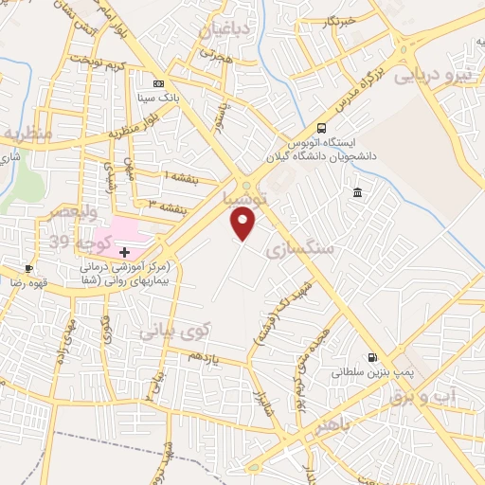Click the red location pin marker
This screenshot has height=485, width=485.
coord(243,224)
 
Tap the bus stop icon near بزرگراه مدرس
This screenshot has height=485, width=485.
coord(322,128)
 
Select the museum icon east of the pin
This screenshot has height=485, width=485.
coord(356,194)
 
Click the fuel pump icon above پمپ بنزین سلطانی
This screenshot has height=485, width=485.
coord(372,358)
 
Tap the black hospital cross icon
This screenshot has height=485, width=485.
coord(124,252)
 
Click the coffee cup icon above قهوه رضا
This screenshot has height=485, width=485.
coord(29,269)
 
